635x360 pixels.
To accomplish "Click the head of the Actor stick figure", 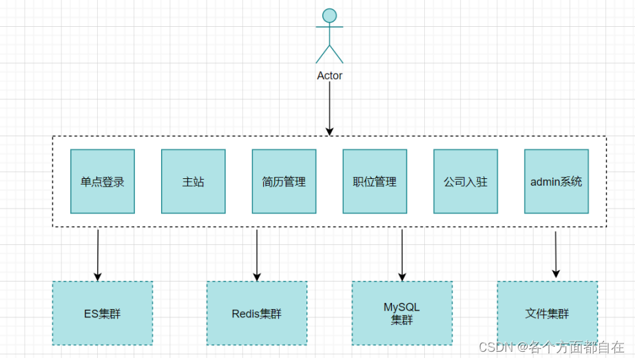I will point(329,15).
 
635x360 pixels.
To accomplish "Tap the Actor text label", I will point(329,76).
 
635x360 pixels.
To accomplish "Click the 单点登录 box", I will point(103,182).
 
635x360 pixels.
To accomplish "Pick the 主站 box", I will point(194,182).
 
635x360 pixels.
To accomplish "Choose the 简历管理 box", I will point(284,182).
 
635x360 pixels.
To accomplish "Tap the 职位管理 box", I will point(375,182).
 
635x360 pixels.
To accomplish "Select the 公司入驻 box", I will point(466,182).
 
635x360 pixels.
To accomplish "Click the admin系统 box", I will point(556,182).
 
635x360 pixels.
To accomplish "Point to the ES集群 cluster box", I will point(102,313).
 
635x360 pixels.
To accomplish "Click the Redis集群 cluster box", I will point(257,313).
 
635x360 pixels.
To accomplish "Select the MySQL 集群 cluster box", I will point(402,313).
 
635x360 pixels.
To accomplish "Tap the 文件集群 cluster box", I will point(547,313).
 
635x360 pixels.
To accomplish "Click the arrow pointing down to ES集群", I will point(98,255).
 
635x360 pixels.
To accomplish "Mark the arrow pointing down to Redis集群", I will point(257,255).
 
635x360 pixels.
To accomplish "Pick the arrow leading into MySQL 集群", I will point(402,255).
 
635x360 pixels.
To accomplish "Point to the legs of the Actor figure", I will point(329,54).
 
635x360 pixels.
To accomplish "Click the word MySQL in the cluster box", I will point(402,307).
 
